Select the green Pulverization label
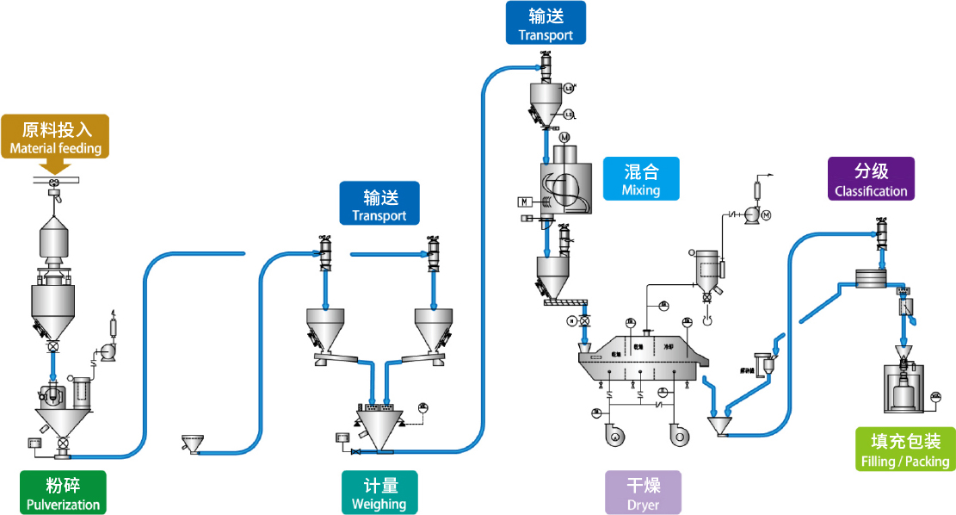(63, 492)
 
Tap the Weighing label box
(379, 492)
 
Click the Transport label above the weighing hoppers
(379, 203)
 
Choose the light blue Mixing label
(641, 178)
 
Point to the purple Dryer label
(643, 492)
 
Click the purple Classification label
(871, 179)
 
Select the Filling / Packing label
(904, 450)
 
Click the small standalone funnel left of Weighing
(192, 444)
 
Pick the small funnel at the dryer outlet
(719, 425)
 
